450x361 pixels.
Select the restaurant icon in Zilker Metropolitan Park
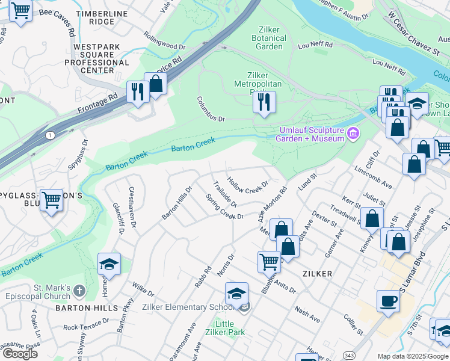[264, 102]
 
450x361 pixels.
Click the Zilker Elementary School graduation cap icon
[237, 294]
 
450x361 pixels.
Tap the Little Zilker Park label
[225, 328]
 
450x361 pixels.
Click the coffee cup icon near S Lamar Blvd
[389, 300]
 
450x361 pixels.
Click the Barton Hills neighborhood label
[87, 307]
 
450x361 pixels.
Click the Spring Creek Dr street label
[224, 206]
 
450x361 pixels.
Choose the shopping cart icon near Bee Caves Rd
[21, 11]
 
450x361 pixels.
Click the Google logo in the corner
[19, 354]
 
